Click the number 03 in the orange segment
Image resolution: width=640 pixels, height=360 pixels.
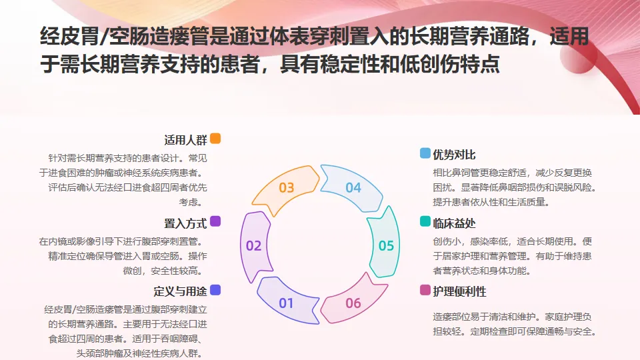coord(287,188)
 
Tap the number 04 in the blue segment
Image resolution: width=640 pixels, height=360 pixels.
coord(353,188)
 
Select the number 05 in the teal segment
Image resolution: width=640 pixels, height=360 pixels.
coord(387,246)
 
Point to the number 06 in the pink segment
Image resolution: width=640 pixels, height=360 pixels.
coord(353,304)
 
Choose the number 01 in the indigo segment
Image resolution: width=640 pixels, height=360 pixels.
coord(287,304)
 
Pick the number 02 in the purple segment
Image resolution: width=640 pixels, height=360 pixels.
coord(253,246)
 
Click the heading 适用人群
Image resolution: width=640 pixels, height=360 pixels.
coord(186,141)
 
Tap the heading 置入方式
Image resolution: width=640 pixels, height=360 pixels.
coord(186,223)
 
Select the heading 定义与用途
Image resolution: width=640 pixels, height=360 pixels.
coord(180,291)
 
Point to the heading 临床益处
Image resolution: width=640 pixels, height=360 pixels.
coord(455,223)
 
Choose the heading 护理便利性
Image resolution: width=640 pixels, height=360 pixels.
coord(460,291)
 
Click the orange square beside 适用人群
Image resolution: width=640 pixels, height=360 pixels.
coord(215,139)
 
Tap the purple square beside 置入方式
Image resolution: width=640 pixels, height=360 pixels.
coord(215,221)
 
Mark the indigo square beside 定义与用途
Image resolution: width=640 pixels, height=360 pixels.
coord(215,290)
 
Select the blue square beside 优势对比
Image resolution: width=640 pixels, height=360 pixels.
coord(425,154)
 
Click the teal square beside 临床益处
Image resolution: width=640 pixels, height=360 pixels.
coord(425,222)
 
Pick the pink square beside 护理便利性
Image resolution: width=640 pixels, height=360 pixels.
coord(425,290)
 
